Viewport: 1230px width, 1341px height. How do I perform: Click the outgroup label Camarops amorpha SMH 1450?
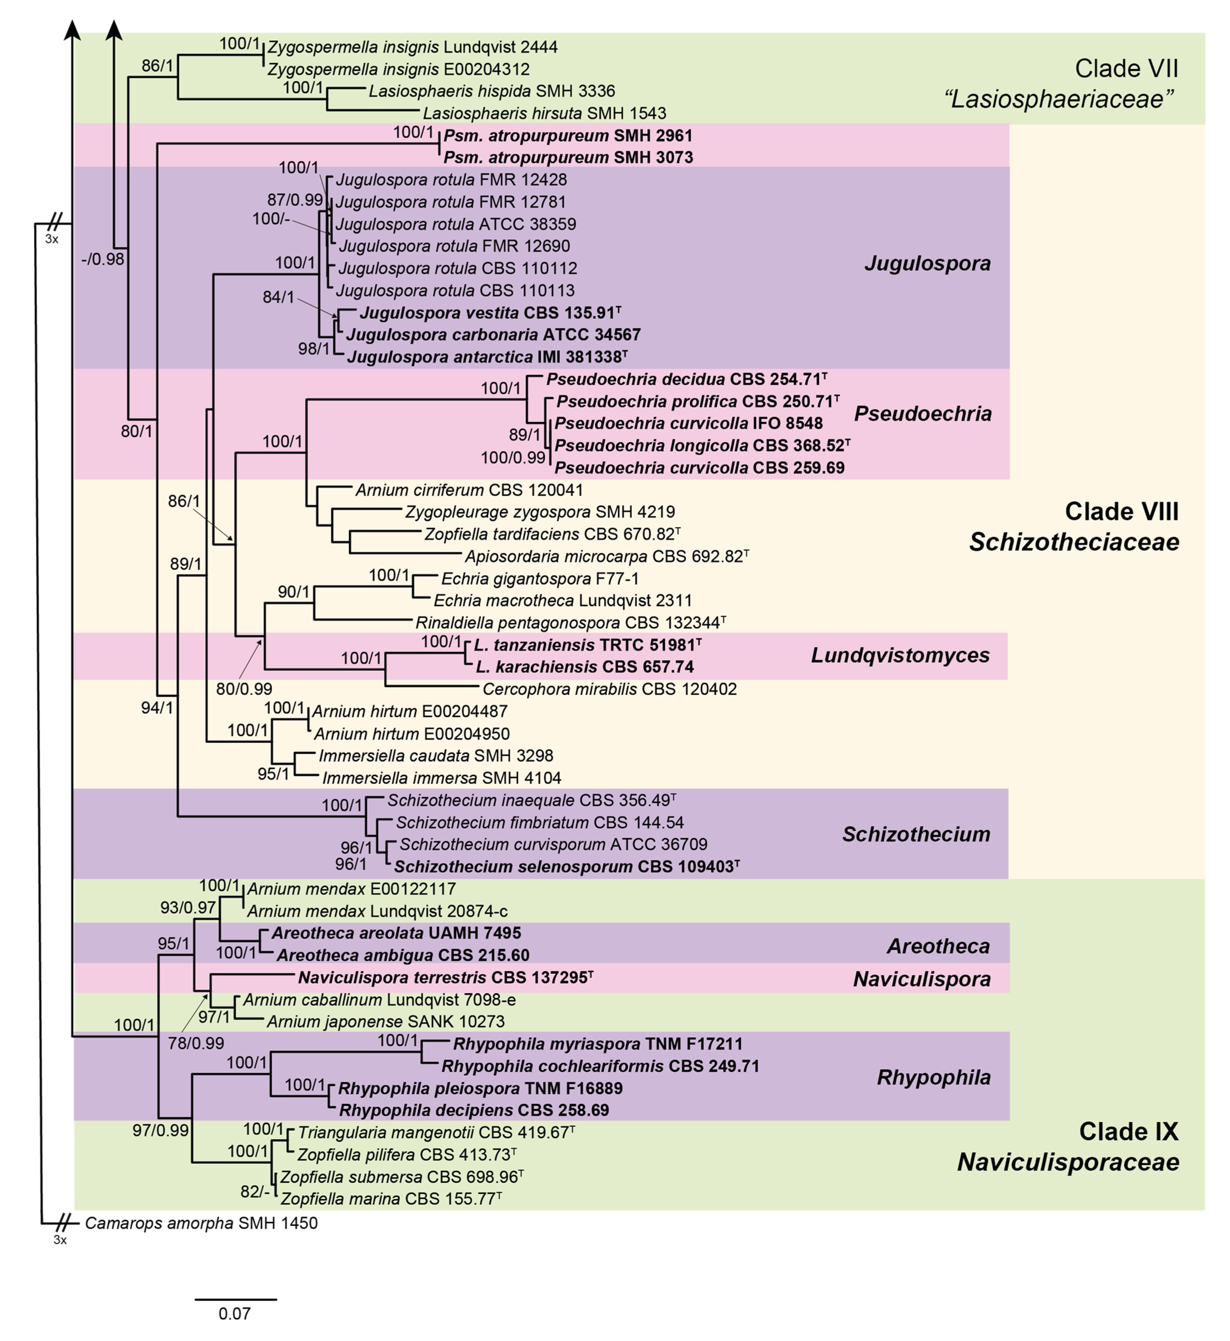[x=201, y=1223]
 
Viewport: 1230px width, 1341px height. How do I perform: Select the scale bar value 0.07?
[x=234, y=1314]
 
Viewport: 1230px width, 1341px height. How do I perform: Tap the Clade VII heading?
[x=1126, y=69]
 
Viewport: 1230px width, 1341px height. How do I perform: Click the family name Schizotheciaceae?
[x=1074, y=542]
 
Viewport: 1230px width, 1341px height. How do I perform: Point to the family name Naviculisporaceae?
[x=1067, y=1162]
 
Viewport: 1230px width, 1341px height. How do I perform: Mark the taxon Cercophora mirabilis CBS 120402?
[x=609, y=689]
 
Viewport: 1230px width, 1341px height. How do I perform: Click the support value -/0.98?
[x=102, y=259]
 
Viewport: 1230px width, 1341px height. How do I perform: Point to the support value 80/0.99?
[x=244, y=689]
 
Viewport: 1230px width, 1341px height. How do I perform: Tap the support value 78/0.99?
[x=196, y=1043]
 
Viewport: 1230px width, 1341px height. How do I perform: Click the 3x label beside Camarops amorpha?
[x=60, y=1240]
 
